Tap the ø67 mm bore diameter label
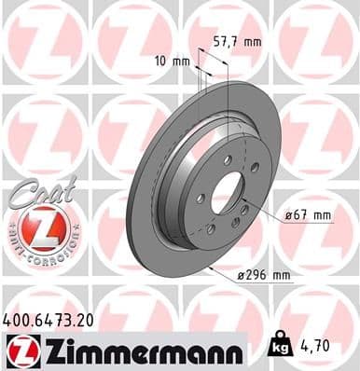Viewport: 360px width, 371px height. (x=310, y=215)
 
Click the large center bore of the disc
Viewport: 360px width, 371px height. (x=228, y=190)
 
